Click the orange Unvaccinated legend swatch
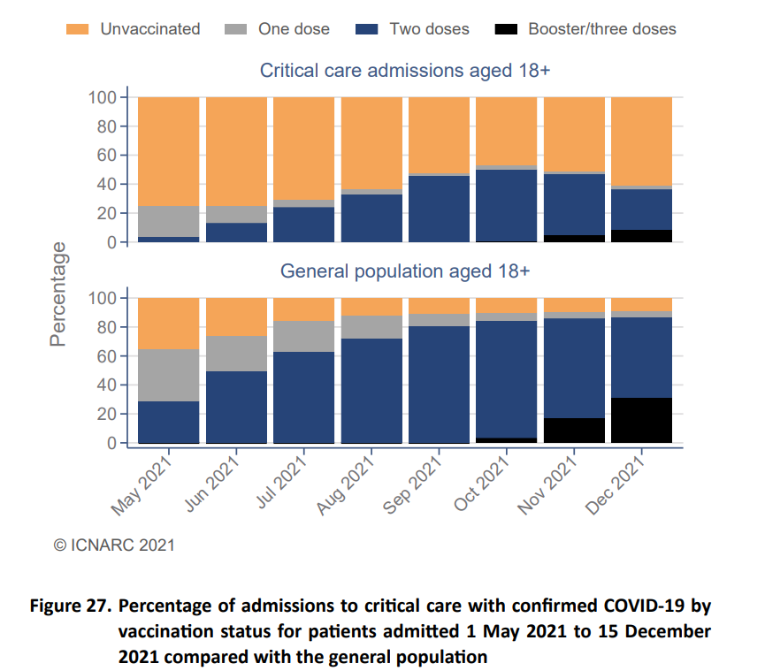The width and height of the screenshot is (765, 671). pyautogui.click(x=78, y=29)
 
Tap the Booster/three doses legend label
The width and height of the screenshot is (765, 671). pyautogui.click(x=601, y=29)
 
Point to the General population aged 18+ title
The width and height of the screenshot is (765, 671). pyautogui.click(x=405, y=271)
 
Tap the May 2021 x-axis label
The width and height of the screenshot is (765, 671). pyautogui.click(x=142, y=484)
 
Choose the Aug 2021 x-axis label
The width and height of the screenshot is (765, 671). pyautogui.click(x=344, y=484)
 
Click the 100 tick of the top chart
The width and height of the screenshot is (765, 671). pyautogui.click(x=102, y=97)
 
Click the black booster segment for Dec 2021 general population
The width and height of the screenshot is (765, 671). pyautogui.click(x=641, y=420)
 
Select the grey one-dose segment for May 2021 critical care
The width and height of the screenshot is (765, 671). pyautogui.click(x=169, y=221)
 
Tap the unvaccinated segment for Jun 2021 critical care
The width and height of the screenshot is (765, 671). pyautogui.click(x=236, y=151)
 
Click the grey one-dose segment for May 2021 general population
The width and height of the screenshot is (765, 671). pyautogui.click(x=169, y=376)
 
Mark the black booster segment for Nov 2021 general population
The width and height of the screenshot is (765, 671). pyautogui.click(x=574, y=431)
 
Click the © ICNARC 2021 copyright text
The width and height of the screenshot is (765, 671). pyautogui.click(x=115, y=545)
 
